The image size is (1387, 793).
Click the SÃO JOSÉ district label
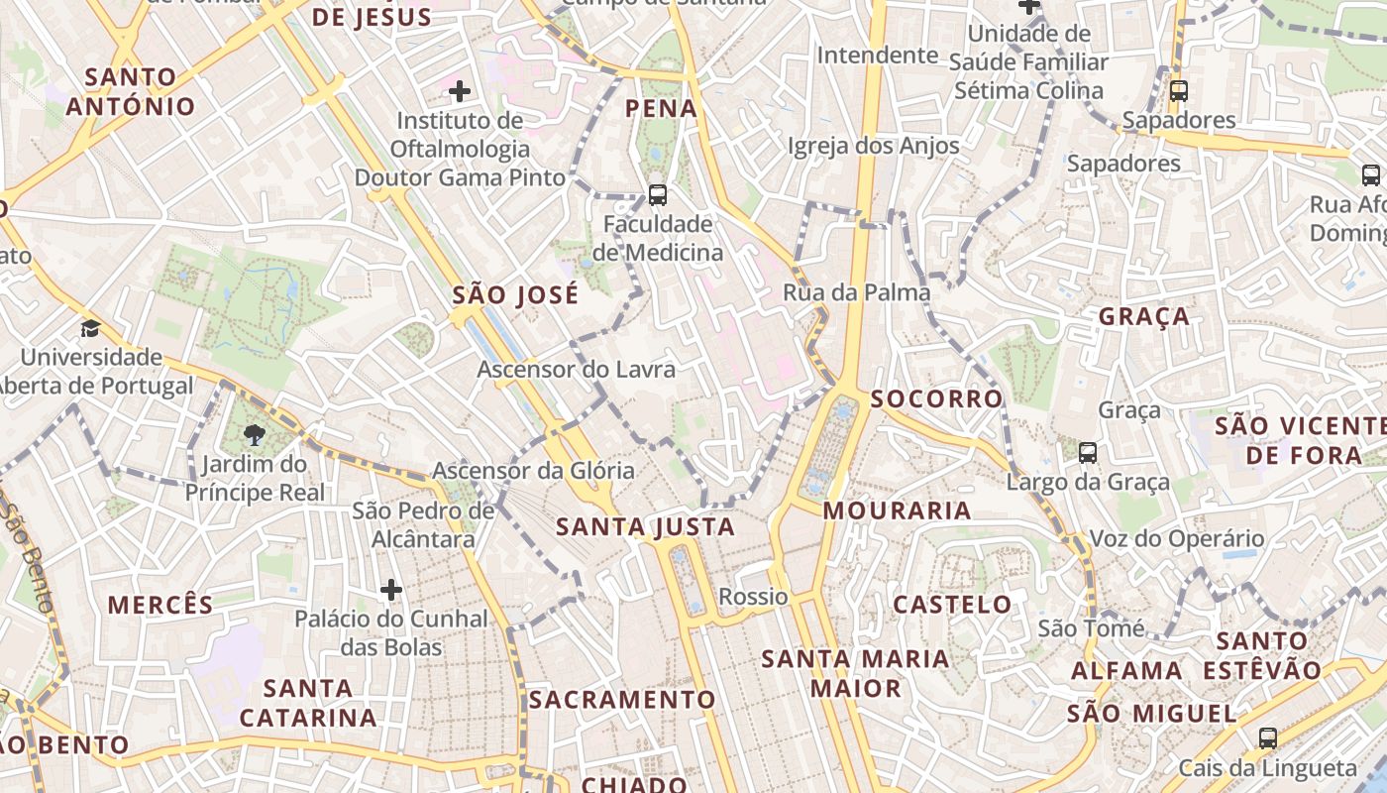[x=515, y=295]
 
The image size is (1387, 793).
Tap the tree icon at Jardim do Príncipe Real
[x=255, y=433]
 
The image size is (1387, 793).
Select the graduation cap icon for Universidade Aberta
[x=91, y=328]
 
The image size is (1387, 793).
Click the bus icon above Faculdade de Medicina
[x=657, y=194]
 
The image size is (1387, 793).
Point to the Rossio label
[x=753, y=597]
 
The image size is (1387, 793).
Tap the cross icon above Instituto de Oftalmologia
[x=460, y=92]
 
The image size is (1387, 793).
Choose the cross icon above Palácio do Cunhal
[x=391, y=591]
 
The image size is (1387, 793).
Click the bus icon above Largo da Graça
[x=1088, y=453]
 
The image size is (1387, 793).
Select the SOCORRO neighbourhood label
[x=937, y=399]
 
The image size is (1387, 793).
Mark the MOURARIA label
[x=897, y=511]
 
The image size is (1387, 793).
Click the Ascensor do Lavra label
[x=576, y=370]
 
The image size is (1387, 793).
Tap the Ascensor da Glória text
[x=533, y=471]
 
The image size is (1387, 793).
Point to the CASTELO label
[x=953, y=605]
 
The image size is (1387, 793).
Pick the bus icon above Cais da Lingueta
[x=1267, y=737]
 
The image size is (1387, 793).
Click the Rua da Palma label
[x=856, y=292]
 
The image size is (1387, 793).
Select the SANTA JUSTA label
[x=645, y=527]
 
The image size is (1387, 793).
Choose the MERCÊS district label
[x=160, y=606]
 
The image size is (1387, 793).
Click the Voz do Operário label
[x=1177, y=539]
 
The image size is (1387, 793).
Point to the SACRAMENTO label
[x=621, y=700]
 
